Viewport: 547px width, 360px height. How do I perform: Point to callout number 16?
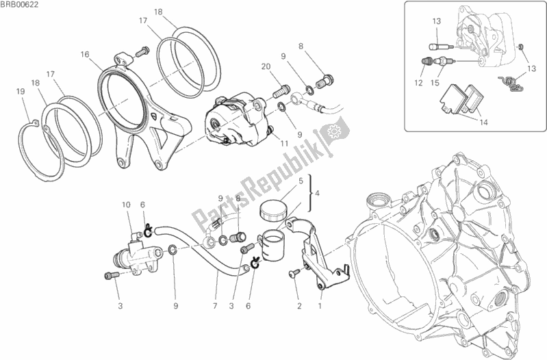84,54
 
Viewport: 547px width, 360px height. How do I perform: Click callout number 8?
301,46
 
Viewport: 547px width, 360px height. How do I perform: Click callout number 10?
126,204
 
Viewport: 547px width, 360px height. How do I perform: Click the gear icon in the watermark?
335,130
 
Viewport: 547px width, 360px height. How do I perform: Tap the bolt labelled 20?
279,88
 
